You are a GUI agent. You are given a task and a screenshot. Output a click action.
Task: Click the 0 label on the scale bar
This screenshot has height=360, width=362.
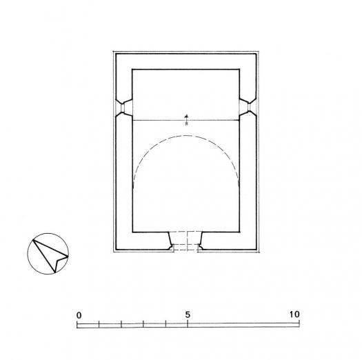tap(79, 314)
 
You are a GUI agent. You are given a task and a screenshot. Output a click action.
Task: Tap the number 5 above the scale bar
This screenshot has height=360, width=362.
tap(187, 314)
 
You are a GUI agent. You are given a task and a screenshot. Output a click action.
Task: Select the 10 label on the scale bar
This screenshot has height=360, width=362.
tap(295, 314)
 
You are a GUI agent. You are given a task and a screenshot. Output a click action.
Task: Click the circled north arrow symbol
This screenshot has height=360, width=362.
tap(48, 254)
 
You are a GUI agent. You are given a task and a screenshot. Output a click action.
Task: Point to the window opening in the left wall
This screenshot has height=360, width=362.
tap(123, 107)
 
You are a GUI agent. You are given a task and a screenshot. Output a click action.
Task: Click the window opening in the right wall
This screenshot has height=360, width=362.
tap(247, 107)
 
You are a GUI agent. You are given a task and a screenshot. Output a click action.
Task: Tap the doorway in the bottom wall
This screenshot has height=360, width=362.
tap(185, 241)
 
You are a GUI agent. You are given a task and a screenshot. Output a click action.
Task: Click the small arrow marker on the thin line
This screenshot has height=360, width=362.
tap(186, 119)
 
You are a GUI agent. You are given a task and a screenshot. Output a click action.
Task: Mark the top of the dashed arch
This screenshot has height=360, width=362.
tap(186, 136)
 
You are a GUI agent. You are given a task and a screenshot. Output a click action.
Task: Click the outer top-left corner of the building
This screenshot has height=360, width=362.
tap(114, 51)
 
